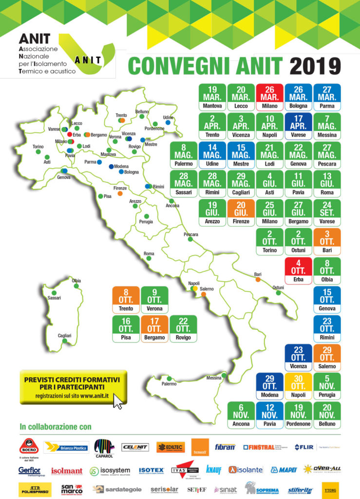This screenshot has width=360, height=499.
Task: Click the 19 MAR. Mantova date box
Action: point(212,97)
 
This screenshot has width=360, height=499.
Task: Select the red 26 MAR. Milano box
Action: point(270,97)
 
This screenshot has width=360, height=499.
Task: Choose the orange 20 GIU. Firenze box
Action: point(241,212)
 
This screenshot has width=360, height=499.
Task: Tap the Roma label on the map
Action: point(149,254)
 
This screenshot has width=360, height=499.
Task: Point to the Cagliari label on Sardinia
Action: point(64,336)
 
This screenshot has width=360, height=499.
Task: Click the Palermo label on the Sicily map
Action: point(169,384)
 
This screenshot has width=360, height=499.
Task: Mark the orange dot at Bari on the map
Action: point(258,280)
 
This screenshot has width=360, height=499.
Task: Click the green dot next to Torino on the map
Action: point(38,152)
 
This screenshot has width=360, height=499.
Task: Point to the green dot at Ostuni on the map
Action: point(278,293)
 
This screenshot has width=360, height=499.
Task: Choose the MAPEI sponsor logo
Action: point(284,470)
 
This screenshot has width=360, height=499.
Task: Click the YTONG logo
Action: point(331,489)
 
